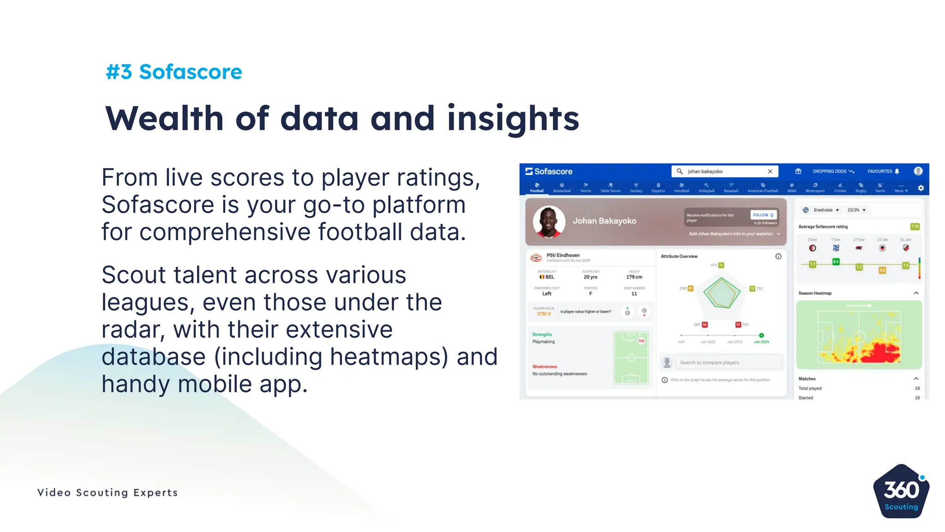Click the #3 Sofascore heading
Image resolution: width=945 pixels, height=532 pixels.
(x=174, y=72)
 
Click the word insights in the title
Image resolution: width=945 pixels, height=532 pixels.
(x=513, y=118)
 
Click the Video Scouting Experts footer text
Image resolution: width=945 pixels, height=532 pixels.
(x=108, y=493)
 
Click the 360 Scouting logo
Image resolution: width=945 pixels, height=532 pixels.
(x=901, y=492)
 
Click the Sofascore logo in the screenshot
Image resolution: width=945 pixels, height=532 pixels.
(x=549, y=171)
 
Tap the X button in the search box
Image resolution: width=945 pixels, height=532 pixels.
(x=770, y=171)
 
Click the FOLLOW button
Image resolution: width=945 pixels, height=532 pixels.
(x=763, y=215)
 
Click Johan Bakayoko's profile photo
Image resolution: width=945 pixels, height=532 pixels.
(x=549, y=222)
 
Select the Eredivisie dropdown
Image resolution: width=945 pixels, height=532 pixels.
(x=826, y=210)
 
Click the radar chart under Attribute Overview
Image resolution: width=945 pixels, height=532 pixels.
(x=721, y=293)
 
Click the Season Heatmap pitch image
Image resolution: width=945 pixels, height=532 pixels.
(x=859, y=334)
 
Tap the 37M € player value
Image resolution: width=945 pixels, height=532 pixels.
(x=544, y=314)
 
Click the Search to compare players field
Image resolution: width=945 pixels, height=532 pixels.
(x=728, y=363)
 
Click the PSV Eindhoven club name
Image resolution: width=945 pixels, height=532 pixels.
(x=563, y=255)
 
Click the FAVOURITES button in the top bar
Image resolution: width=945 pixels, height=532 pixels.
(x=883, y=171)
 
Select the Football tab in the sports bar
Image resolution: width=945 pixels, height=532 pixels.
(x=537, y=187)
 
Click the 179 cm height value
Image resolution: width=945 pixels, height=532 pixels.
(x=634, y=277)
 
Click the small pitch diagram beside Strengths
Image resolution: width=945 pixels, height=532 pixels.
(x=631, y=357)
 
